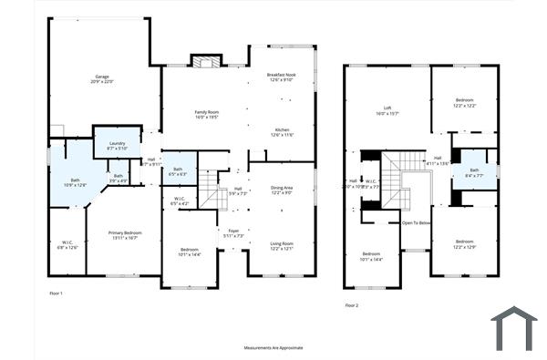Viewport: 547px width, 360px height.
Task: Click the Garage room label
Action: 101,78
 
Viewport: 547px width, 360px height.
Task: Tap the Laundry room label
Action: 117,145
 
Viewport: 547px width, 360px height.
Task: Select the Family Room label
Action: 206,114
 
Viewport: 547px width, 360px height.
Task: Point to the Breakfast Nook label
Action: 283,77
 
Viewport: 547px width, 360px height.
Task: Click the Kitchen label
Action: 283,132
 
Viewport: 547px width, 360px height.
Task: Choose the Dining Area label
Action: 282,190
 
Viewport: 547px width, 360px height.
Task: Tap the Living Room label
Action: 282,245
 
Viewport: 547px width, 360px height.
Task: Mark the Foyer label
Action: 233,233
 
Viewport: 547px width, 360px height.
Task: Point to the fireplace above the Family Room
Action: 205,61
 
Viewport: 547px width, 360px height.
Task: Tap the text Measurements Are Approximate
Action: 273,347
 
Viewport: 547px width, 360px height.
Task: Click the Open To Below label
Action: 416,222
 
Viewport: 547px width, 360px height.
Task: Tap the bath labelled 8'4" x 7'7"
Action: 474,172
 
